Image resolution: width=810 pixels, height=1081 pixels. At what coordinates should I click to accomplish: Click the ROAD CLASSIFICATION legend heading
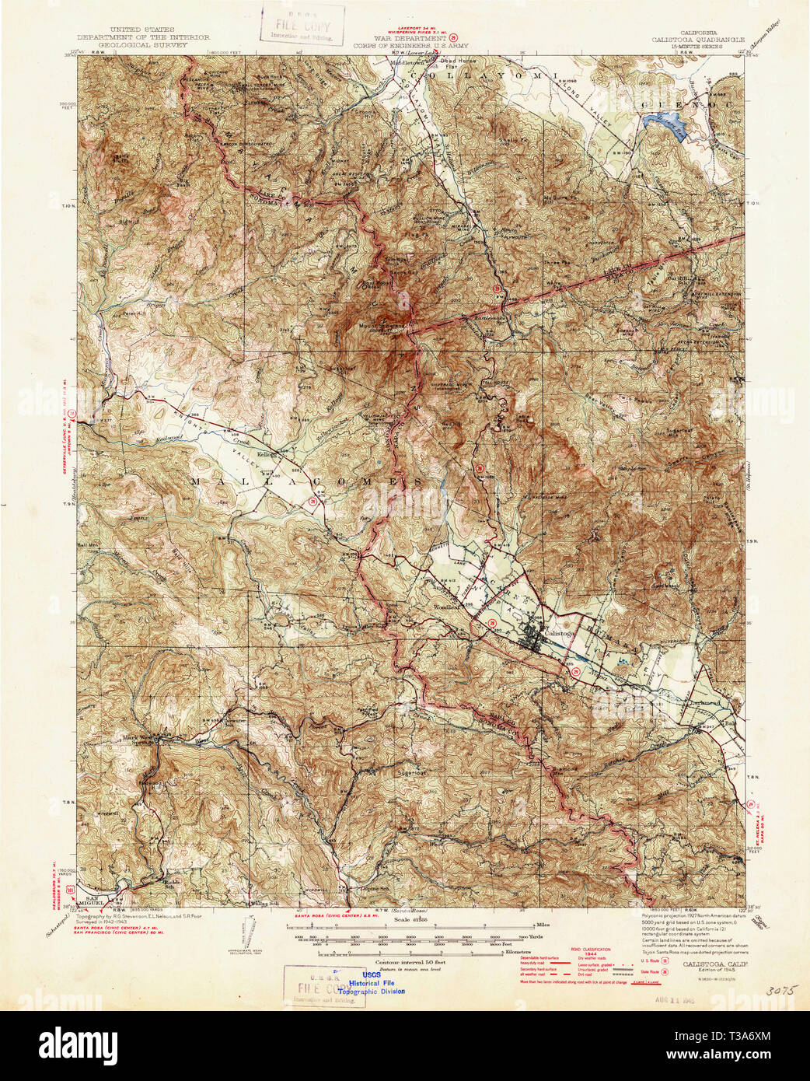591,950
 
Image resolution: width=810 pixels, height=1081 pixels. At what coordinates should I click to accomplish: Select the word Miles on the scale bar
545,925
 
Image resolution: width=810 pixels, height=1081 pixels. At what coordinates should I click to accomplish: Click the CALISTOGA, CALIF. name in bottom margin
715,963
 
